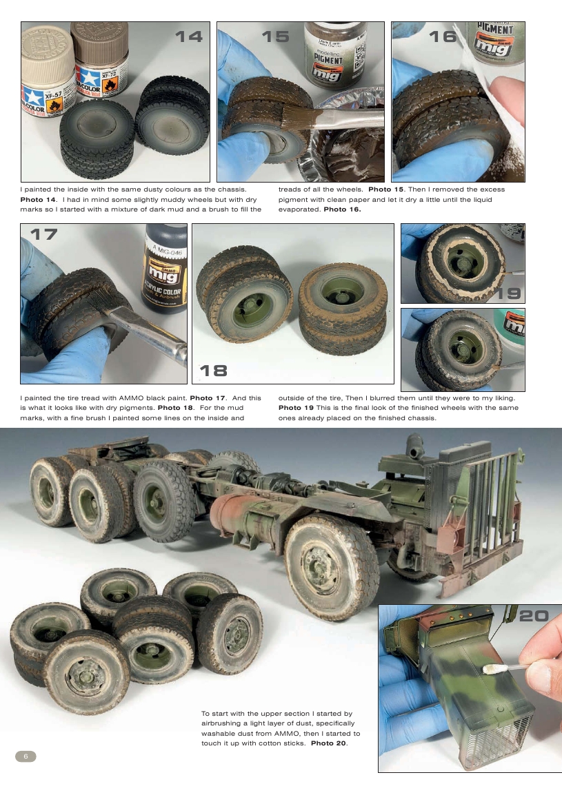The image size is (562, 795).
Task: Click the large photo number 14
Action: tap(188, 37)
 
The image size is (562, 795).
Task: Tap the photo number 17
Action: tap(43, 234)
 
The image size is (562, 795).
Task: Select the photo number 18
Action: tap(214, 371)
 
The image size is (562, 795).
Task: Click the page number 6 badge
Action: tap(26, 756)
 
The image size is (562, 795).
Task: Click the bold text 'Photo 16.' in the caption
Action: tap(342, 209)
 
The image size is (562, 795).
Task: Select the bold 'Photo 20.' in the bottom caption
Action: tap(329, 743)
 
